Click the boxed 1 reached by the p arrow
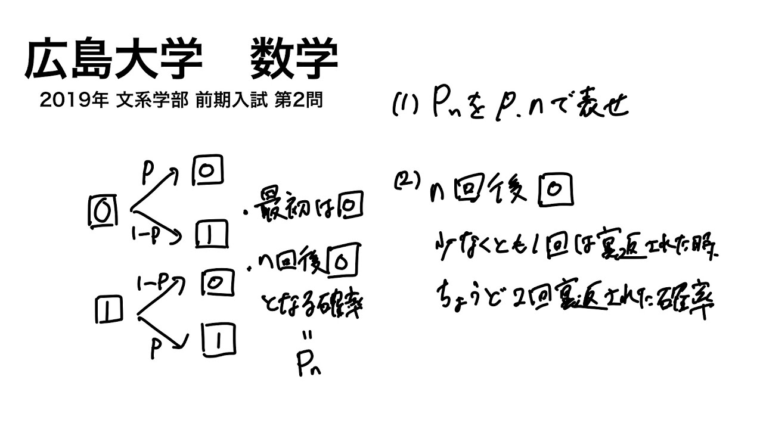(x=217, y=340)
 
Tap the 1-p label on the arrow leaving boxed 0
(x=146, y=236)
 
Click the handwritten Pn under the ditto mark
(x=309, y=365)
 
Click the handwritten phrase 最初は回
(x=309, y=209)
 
